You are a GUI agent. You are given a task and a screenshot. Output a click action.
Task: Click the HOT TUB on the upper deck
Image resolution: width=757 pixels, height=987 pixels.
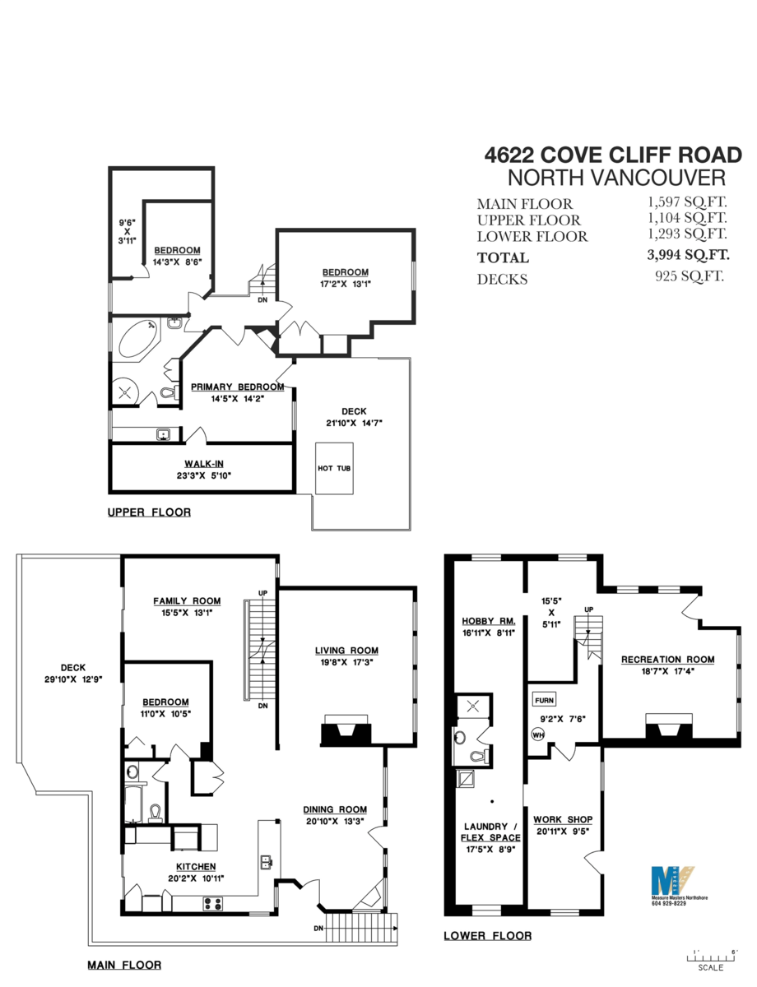pyautogui.click(x=336, y=468)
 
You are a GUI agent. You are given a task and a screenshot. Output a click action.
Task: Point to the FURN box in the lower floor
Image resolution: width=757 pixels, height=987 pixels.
pyautogui.click(x=544, y=701)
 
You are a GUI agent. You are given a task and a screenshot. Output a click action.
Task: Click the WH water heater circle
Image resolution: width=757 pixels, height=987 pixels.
pyautogui.click(x=539, y=735)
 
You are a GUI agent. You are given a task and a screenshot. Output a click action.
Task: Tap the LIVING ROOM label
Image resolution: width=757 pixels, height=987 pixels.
pyautogui.click(x=346, y=651)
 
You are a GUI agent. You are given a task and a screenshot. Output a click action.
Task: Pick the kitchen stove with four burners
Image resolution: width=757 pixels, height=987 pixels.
pyautogui.click(x=213, y=903)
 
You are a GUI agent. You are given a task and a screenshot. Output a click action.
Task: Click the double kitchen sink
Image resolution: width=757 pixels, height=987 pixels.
pyautogui.click(x=266, y=863)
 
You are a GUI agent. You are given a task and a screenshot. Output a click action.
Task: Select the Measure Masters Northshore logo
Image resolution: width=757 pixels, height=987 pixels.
pyautogui.click(x=672, y=881)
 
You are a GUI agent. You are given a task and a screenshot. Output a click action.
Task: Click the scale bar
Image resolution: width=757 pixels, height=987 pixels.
pyautogui.click(x=709, y=956)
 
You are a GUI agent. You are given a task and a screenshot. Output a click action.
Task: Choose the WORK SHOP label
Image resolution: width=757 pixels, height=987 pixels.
pyautogui.click(x=563, y=819)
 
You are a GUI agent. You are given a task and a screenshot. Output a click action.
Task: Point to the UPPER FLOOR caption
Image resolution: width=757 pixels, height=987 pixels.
pyautogui.click(x=149, y=512)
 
